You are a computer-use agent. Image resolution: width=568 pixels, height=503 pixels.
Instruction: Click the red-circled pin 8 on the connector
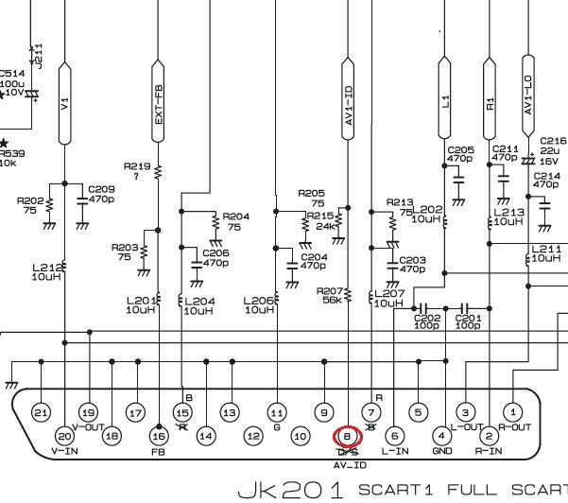pos(347,437)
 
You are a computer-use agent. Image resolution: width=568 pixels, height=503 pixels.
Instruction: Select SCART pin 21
pos(41,413)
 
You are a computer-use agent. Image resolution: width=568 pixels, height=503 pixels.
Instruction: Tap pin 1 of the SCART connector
pos(512,412)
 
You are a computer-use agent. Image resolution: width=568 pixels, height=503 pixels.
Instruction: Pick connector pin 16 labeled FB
pos(159,437)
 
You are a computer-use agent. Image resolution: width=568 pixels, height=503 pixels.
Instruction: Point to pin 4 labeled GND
pos(441,437)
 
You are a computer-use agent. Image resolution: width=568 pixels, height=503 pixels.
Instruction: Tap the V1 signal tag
pos(64,104)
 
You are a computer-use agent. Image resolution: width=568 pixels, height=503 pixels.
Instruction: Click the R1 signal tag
pos(490,99)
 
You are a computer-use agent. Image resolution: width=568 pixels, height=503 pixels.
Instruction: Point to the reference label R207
pos(329,291)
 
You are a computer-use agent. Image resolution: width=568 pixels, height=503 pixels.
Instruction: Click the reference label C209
pos(102,190)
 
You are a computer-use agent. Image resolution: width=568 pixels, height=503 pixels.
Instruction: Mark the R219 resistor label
pos(136,165)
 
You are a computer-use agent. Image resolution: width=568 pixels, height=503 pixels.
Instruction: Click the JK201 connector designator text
pos(294,490)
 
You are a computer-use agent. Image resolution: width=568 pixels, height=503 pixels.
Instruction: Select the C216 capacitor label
pos(552,141)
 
